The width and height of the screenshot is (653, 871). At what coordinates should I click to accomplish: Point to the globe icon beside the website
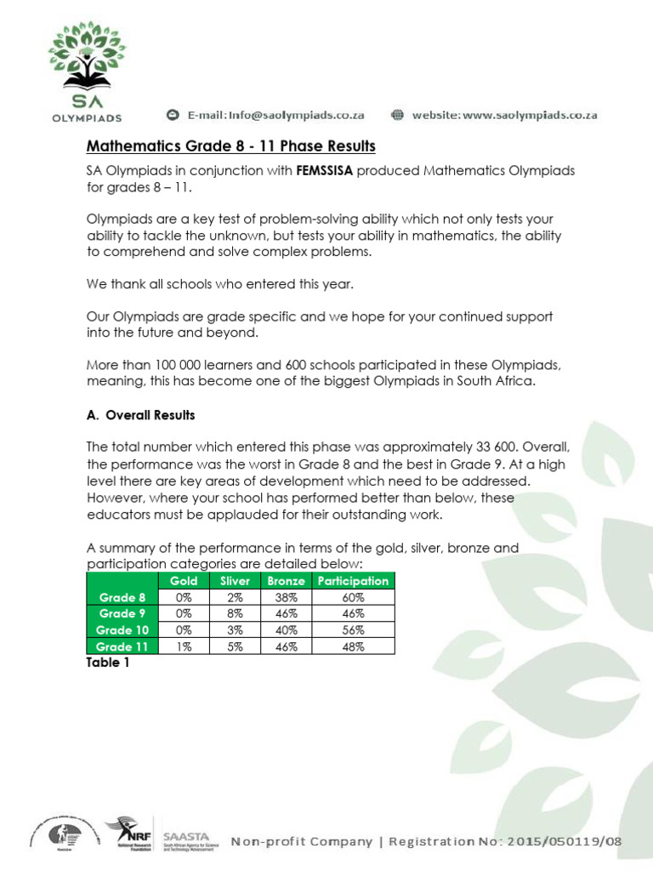click(397, 115)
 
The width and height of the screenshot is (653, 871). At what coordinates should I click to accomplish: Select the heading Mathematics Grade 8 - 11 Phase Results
click(231, 146)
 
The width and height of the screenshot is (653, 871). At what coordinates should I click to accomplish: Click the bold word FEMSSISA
click(324, 171)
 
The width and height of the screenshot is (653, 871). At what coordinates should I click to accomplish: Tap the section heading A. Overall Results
click(141, 415)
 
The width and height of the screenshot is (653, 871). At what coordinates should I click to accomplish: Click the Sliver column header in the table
click(235, 581)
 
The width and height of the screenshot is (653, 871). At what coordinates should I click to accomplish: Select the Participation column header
click(353, 581)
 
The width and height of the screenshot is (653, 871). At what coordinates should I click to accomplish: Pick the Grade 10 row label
click(122, 630)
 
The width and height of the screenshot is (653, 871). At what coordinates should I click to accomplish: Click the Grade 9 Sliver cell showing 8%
click(235, 613)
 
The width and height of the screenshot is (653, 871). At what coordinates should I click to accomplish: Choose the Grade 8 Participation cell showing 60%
click(353, 597)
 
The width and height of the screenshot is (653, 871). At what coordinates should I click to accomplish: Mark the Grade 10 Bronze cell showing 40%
click(287, 630)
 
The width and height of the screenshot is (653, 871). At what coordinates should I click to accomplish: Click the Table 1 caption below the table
click(108, 663)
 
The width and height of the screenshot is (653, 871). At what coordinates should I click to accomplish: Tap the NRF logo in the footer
click(128, 837)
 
